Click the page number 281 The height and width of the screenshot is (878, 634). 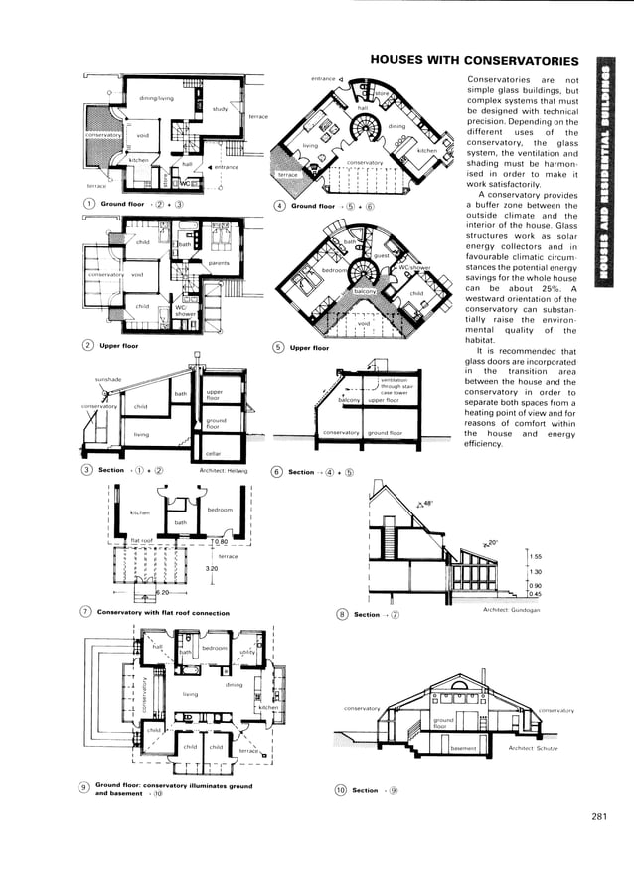(597, 816)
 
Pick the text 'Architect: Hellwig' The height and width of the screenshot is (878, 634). (224, 470)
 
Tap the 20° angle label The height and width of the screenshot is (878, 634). (490, 542)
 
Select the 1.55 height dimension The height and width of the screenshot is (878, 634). (536, 557)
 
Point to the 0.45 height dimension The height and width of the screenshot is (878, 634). (536, 594)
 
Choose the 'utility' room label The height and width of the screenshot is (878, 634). (247, 652)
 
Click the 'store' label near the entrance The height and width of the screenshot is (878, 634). (381, 93)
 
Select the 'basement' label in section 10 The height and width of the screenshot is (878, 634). (464, 748)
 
